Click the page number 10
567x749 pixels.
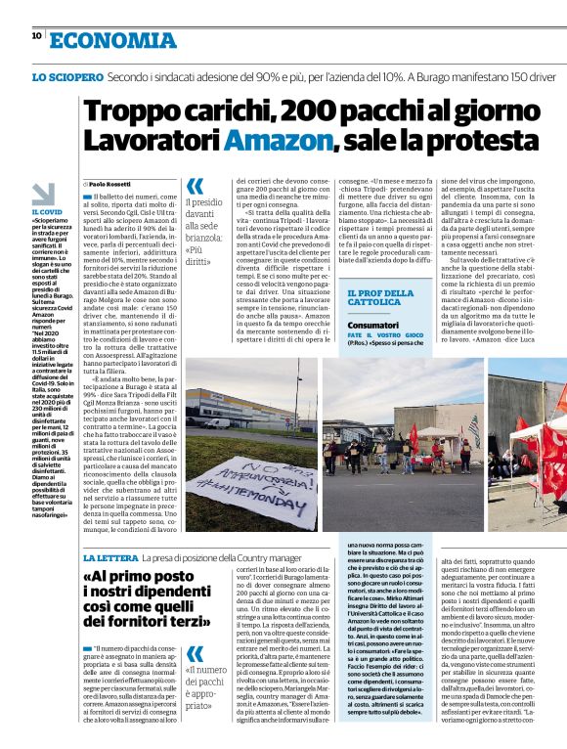pos(36,35)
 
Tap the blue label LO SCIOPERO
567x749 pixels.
pos(67,75)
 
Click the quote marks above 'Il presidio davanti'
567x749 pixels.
pos(195,185)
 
